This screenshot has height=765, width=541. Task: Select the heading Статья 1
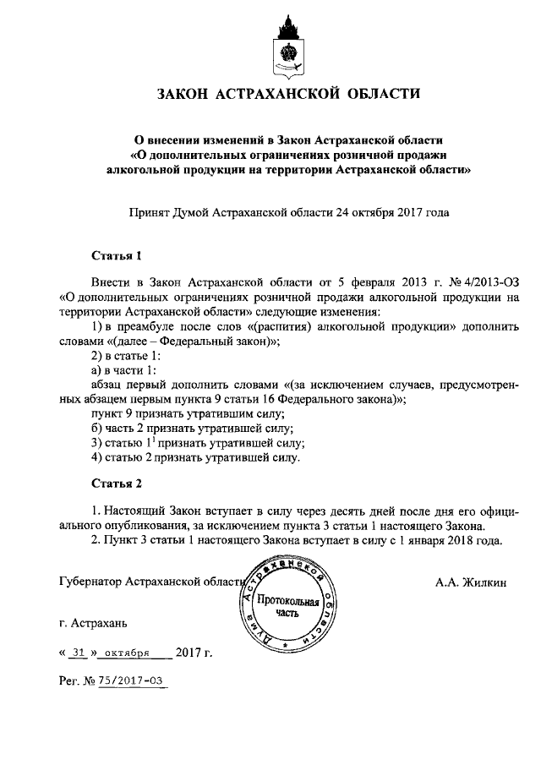(113, 255)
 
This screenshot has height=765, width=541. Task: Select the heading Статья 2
(113, 484)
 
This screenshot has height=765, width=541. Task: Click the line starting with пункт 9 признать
(187, 414)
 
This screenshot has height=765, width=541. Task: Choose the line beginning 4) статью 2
(195, 458)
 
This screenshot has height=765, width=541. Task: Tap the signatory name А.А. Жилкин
(471, 582)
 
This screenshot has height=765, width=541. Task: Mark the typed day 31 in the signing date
(79, 653)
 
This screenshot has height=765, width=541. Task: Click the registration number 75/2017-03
(131, 680)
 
